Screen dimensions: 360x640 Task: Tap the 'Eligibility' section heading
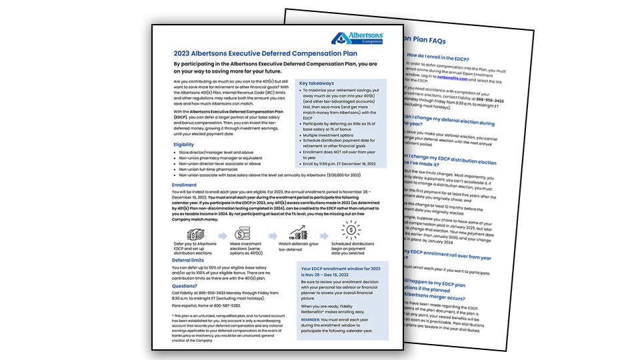184,144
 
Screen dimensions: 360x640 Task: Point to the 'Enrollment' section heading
185,185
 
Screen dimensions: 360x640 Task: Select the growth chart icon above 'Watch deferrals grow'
297,234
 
